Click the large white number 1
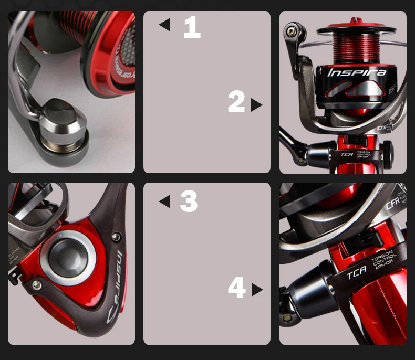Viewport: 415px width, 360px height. point(192,27)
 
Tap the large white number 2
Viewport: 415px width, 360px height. point(236,102)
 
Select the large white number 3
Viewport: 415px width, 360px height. point(189,202)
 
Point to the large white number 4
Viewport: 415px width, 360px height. point(237,288)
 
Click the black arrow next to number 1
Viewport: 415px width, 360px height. point(165,25)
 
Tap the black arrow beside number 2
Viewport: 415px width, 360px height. point(256,105)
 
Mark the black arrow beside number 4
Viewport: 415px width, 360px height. point(256,290)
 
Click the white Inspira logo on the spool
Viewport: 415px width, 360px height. point(357,72)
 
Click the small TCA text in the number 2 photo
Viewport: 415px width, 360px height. point(346,154)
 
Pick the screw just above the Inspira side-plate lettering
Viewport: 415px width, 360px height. point(116,237)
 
